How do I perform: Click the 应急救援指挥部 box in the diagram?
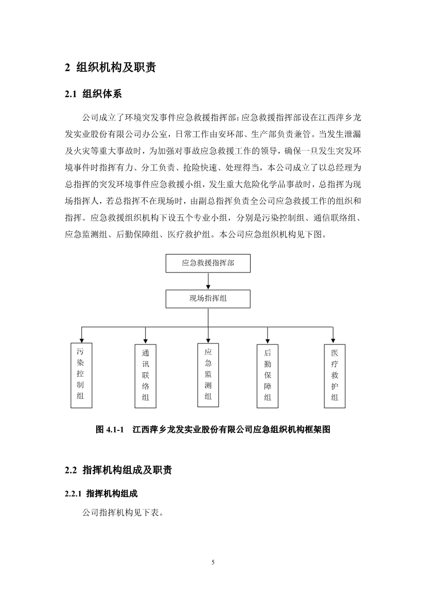click(208, 263)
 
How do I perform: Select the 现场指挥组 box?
click(208, 299)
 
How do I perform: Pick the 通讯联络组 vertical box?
click(146, 376)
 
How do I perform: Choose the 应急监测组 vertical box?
click(208, 374)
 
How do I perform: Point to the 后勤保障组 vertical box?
click(267, 376)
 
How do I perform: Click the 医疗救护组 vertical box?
click(334, 376)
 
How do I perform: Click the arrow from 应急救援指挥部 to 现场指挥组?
click(208, 281)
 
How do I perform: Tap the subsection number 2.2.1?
click(74, 494)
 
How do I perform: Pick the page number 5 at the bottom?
click(213, 562)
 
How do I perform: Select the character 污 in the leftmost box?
click(80, 352)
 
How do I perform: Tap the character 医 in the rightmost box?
click(334, 353)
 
